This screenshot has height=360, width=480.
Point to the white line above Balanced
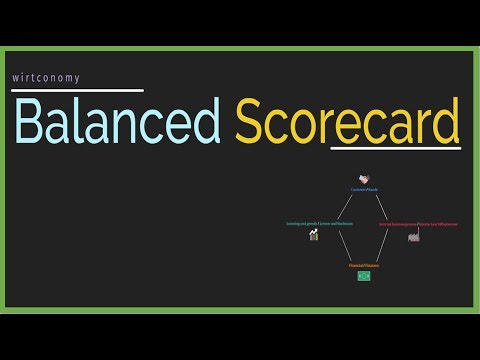78,91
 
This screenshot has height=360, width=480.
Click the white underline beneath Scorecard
395,150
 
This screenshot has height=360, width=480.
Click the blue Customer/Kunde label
364,189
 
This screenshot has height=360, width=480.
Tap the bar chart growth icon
314,235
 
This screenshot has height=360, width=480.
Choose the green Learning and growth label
319,224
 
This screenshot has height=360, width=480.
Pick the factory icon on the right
412,236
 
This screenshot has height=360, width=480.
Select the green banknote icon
364,275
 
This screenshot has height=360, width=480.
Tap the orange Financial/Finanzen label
364,265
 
